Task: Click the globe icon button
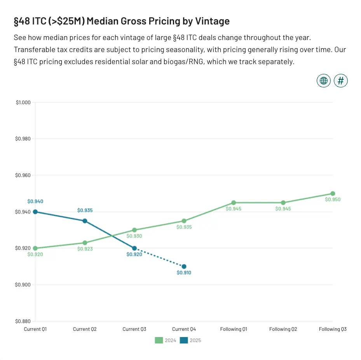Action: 323,81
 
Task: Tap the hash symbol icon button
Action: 341,81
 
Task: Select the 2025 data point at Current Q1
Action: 35,212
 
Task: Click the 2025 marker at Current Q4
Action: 184,267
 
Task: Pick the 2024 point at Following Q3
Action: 333,194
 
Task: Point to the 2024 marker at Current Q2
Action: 85,243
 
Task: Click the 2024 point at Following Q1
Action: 234,203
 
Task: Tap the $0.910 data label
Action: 184,273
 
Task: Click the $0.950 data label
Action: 333,200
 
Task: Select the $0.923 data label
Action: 85,249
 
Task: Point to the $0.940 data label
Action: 35,201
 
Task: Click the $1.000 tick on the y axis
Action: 23,103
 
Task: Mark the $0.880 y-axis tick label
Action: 23,322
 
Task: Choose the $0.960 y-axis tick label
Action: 23,175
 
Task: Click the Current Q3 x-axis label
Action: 134,329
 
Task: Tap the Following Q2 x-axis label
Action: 283,329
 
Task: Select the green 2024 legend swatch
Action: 159,341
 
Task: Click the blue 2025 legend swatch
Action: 184,341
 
